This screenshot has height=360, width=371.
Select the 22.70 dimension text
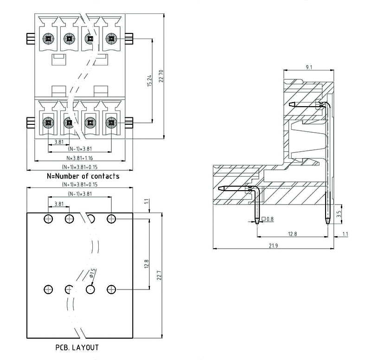pos(161,77)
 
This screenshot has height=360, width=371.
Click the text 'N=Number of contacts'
pos(83,176)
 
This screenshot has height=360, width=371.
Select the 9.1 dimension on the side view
pos(309,68)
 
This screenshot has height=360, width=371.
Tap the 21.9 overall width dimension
pos(273,245)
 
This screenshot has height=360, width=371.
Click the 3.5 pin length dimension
pos(339,214)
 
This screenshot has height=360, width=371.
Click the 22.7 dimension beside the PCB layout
pos(159,276)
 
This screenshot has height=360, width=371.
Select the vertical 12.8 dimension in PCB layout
pos(146,264)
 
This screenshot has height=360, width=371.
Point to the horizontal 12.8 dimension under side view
pos(292,234)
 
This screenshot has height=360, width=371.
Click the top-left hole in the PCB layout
pos(48,219)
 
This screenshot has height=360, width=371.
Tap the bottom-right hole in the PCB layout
pos(111,289)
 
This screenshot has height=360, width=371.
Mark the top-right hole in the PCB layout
pos(111,219)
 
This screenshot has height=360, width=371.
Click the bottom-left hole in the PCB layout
pos(48,289)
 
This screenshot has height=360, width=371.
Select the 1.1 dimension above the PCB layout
pos(146,202)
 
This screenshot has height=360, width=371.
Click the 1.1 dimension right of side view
pos(345,234)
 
